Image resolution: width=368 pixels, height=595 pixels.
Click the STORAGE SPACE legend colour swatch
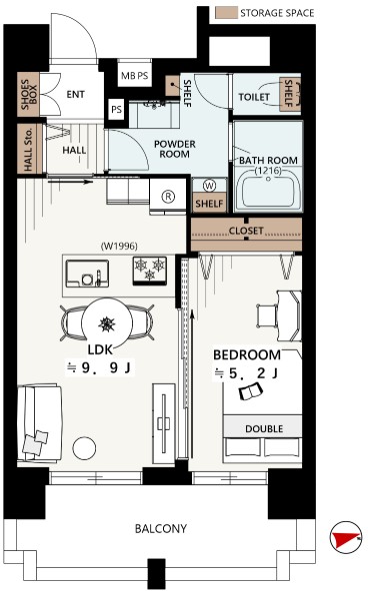226,13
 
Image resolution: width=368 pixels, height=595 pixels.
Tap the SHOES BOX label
29,94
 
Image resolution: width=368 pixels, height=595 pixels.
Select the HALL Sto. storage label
29,149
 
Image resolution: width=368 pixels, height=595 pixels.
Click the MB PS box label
135,76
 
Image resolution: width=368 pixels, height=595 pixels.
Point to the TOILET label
254,97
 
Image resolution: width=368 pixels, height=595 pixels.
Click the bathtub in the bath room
268,190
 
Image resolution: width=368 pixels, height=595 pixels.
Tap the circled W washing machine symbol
209,186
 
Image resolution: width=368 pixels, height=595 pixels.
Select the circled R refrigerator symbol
168,197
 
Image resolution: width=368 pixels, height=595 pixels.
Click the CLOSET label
246,231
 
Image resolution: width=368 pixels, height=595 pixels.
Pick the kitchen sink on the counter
87,274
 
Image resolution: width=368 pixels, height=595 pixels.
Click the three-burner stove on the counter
149,271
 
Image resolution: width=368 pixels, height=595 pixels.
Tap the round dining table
107,322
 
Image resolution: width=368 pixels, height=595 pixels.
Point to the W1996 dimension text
119,247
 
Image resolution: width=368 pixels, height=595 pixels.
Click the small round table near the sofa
84,448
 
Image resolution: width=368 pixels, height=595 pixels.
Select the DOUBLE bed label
264,429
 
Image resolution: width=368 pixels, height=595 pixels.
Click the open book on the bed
251,391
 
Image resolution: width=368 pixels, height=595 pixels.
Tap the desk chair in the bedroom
267,314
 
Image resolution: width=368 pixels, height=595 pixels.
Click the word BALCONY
161,528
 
